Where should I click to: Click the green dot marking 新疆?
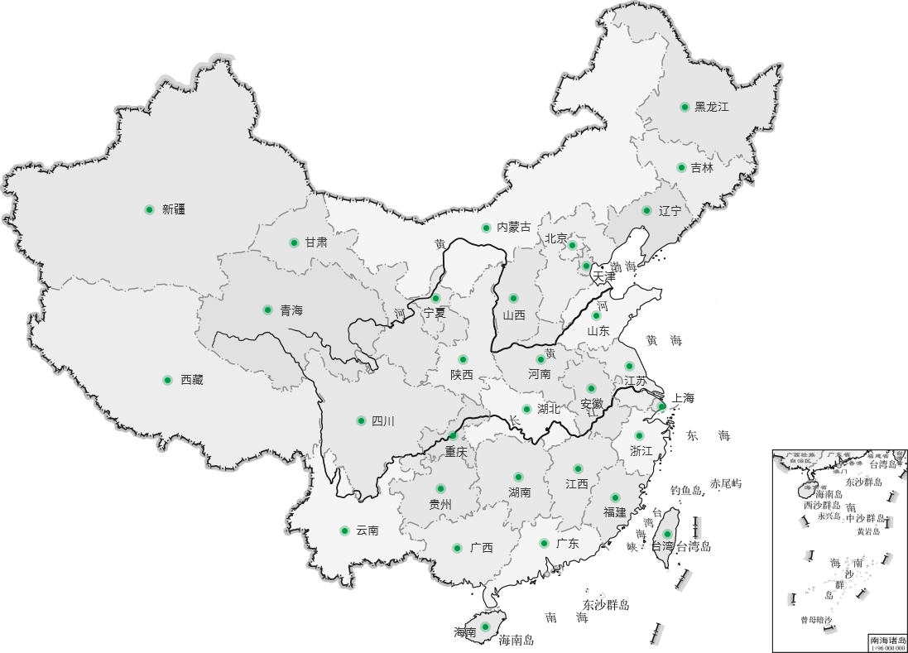pos(149,209)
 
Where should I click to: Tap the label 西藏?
pos(192,380)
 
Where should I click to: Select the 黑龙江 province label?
pos(712,107)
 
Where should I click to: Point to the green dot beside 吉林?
pos(681,167)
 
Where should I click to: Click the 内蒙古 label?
pos(513,228)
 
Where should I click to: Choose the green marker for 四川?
pos(361,420)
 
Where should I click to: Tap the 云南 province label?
pos(368,531)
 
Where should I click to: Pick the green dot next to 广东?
pos(544,544)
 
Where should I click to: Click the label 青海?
pos(291,310)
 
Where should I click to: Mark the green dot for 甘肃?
pos(294,242)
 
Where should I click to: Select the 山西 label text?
pos(514,315)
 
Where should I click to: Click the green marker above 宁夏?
pos(435,298)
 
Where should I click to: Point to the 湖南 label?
pos(520,492)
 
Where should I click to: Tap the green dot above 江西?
pos(578,468)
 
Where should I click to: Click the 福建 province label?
pos(615,512)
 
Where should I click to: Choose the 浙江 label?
pos(641,451)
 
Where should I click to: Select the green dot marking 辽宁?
pos(646,210)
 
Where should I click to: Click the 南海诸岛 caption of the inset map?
pos(887,640)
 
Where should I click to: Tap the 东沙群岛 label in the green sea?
pos(605,606)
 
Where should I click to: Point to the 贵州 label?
pos(440,504)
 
